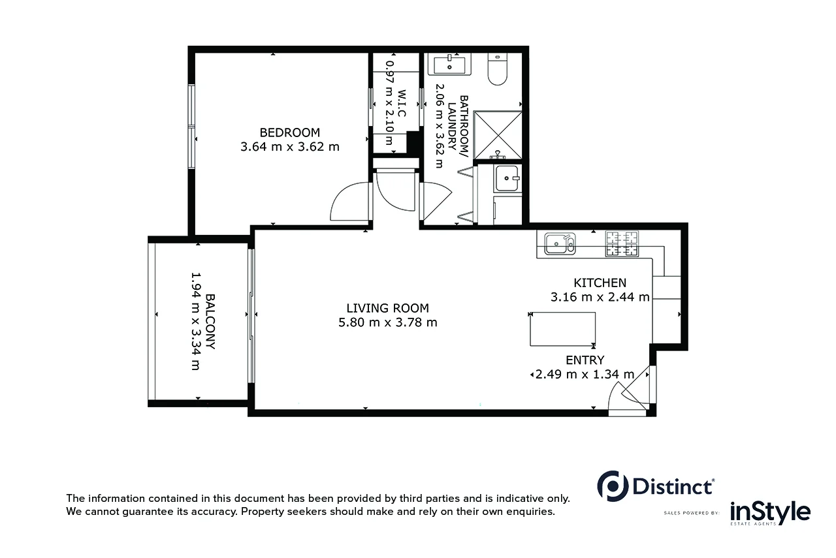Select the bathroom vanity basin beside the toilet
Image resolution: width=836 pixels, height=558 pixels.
pos(450,65)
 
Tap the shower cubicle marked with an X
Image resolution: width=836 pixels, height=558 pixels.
pos(498,134)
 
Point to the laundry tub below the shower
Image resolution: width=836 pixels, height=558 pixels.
pos(506,178)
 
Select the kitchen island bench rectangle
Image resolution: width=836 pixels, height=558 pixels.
pos(562,329)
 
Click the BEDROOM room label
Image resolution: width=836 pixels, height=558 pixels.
pos(289,132)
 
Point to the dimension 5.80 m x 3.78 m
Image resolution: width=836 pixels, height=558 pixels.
pos(388,322)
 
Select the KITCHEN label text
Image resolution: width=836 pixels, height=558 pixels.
pos(600,283)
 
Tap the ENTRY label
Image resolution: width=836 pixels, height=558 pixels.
pos(585,360)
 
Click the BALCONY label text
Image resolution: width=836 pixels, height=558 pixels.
pos(210,322)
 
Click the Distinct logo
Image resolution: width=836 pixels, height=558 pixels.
pos(656,486)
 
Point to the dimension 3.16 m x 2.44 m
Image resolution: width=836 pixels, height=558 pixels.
pos(600,298)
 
